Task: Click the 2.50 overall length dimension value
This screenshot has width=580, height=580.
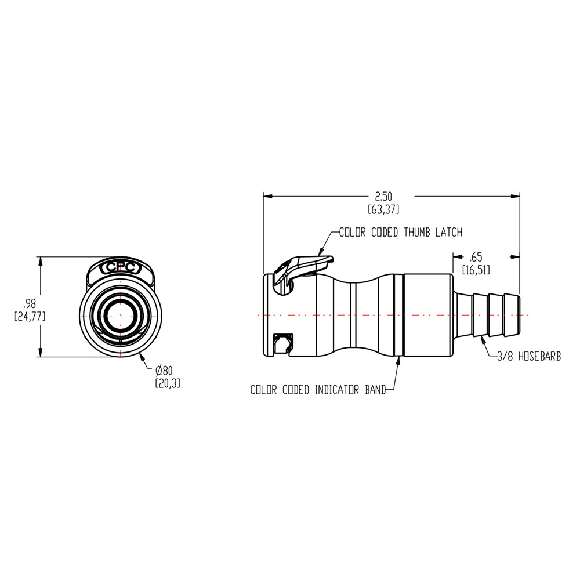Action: click(x=383, y=197)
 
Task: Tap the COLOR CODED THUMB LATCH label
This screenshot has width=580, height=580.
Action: click(x=401, y=233)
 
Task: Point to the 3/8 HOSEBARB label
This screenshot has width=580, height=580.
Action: click(x=528, y=358)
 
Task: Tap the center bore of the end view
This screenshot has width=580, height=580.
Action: click(x=121, y=316)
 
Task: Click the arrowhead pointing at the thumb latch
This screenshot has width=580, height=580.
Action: click(x=321, y=252)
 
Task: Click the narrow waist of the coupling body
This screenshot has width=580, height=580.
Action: click(x=354, y=314)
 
